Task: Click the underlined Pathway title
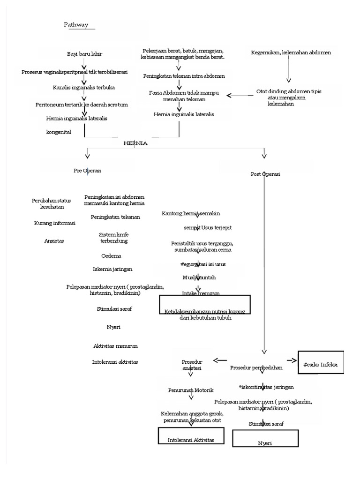pos(75,25)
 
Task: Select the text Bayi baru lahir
pos(85,54)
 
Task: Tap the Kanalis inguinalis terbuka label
pos(84,88)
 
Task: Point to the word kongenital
pos(59,132)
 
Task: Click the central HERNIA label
pos(135,143)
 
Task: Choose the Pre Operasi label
pos(87,171)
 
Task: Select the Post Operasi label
pos(265,174)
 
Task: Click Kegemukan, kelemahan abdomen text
pos(291,52)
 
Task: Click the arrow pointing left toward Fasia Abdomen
pos(239,95)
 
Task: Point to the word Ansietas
pos(53,241)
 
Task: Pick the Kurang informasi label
pos(55,223)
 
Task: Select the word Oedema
pos(111,256)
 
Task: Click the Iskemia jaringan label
pos(112,269)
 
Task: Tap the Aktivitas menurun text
pos(115,346)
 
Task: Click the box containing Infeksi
pos(321,362)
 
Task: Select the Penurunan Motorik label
pos(191,390)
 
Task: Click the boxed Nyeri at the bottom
pos(265,439)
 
